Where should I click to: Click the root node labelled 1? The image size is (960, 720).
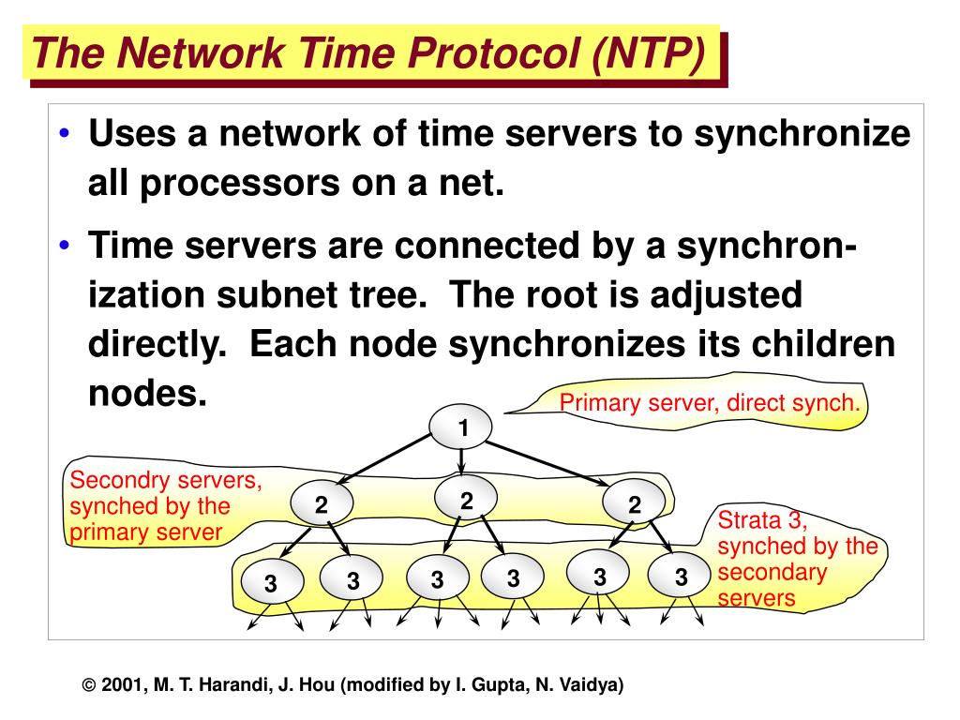tap(461, 428)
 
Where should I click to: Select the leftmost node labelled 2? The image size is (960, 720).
tap(322, 505)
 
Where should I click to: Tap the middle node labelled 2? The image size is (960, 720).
tap(466, 501)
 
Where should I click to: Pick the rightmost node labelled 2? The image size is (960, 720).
tap(635, 505)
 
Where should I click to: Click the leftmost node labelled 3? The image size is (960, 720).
tap(271, 583)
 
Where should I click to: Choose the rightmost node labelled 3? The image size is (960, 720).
tap(682, 577)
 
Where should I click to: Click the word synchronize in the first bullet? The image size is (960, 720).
tap(802, 134)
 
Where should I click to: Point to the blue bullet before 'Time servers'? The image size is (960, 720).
tap(64, 247)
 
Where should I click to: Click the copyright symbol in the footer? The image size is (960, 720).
tap(89, 685)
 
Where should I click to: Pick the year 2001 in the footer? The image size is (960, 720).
tap(120, 685)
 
